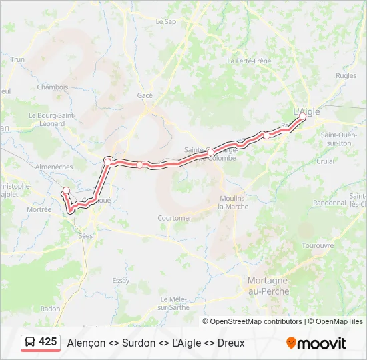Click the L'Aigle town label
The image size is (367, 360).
[307, 111]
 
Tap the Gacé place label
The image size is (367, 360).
[145, 95]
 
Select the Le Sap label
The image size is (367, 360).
[165, 21]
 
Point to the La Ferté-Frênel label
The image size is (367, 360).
[250, 61]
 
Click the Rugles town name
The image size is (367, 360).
[346, 75]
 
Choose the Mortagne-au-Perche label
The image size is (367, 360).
[268, 286]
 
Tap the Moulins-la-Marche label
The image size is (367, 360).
[234, 202]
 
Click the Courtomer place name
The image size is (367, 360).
[174, 218]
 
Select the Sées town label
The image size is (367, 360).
[86, 235]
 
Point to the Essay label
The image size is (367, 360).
[121, 281]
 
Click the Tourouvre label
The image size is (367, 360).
[318, 245]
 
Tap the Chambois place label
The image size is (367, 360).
[53, 87]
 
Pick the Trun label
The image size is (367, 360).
[17, 59]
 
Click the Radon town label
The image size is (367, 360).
[50, 308]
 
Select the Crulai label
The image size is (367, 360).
[326, 161]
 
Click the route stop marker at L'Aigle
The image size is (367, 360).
[302, 117]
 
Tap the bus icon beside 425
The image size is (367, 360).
[30, 342]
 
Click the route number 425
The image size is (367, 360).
[48, 341]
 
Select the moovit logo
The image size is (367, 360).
[316, 343]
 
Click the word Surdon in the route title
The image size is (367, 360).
[139, 343]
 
